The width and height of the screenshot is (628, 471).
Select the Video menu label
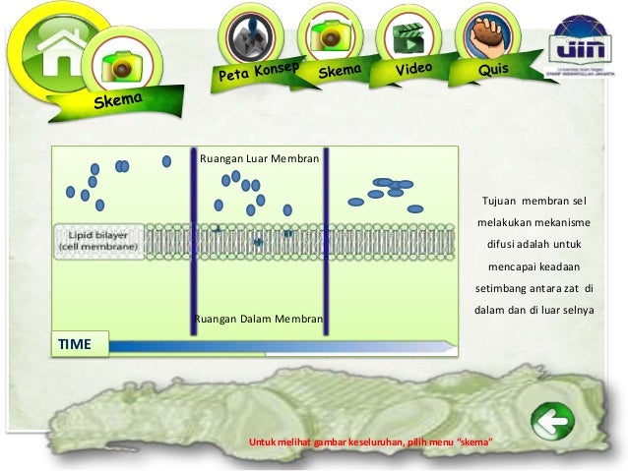point(414,70)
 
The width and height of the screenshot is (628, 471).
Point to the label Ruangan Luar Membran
point(259,157)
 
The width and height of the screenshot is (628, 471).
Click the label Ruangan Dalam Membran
point(259,319)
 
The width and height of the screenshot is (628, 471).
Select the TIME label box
point(78,344)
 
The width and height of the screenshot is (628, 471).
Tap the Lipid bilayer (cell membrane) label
point(97,241)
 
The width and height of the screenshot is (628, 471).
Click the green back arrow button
point(552,425)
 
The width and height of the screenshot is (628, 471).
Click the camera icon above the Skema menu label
point(328,35)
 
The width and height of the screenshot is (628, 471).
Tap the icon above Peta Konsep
point(250,35)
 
